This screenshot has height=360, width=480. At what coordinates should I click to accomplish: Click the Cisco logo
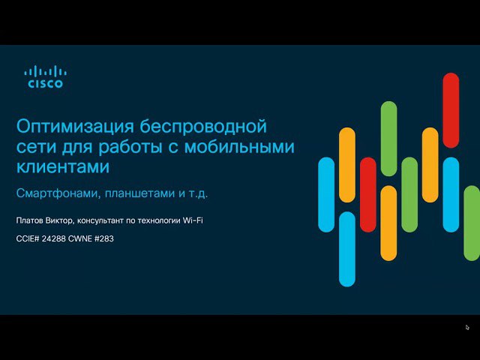point(45,76)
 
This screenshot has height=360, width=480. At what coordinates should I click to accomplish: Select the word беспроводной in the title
point(203,127)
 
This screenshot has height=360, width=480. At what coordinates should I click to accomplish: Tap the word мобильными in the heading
point(239,146)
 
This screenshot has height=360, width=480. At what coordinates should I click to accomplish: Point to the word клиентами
point(63,166)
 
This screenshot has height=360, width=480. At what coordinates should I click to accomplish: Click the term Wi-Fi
point(193,220)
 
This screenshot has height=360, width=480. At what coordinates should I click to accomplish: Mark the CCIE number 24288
point(53,238)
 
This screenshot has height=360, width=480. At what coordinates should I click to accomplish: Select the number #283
point(104,238)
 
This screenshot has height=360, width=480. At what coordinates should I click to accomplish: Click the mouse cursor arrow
point(467,328)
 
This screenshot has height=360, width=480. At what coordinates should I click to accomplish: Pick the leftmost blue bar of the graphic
point(326,195)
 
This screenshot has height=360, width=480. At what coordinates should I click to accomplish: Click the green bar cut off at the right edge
point(472,223)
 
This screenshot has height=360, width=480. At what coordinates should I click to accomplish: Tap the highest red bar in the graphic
point(451,110)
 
